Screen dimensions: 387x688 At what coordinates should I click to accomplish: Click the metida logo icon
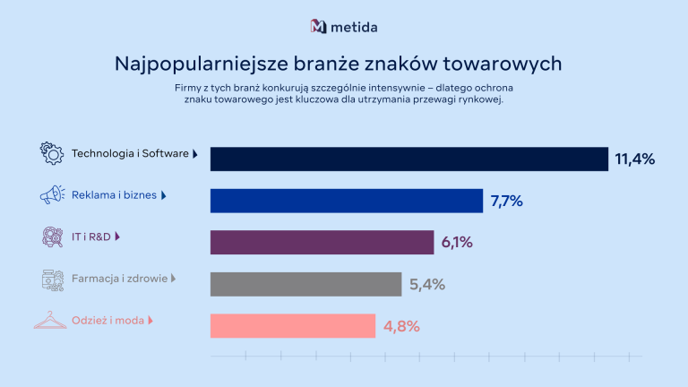[x=318, y=26]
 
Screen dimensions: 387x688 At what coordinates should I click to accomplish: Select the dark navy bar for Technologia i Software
[x=408, y=159]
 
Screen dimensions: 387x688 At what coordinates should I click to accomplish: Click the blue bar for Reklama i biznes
[x=346, y=201]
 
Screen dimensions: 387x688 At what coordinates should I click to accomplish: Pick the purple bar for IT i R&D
[x=322, y=242]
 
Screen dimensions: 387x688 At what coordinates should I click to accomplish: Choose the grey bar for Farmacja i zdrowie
[x=305, y=284]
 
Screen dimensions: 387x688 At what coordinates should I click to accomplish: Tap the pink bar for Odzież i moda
[x=292, y=325]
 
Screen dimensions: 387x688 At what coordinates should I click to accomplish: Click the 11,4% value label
[x=635, y=159]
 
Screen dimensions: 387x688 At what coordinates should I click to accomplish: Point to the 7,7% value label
[x=507, y=202]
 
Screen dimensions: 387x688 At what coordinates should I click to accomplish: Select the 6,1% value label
[x=457, y=243]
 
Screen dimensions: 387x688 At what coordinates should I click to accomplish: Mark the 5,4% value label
[x=426, y=285]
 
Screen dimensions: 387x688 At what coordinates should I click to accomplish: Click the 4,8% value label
[x=401, y=326]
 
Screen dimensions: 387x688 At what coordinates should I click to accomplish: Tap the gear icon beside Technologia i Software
[x=52, y=153]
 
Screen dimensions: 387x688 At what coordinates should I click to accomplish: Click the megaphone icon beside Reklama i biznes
[x=52, y=194]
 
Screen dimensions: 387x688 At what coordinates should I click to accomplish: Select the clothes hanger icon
[x=50, y=320]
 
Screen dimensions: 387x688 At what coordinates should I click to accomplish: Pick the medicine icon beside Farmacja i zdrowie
[x=52, y=279]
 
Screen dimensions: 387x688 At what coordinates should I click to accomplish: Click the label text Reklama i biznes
[x=115, y=195]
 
